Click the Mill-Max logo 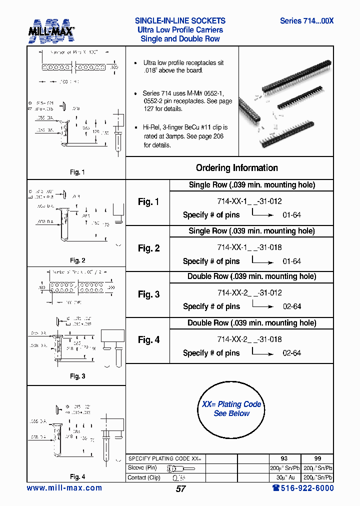coord(51,31)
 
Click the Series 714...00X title coord(306,21)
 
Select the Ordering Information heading coord(236,168)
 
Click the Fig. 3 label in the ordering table coord(148,294)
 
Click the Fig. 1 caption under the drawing coord(77,172)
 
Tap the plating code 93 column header coord(284,458)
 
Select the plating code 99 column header coord(317,458)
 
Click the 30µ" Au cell coord(284,477)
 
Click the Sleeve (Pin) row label coord(142,468)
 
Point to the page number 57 coord(180,489)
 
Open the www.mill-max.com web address coord(64,488)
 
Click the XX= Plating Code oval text coord(231,404)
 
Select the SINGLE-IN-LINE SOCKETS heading coord(180,21)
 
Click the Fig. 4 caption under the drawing coord(77,476)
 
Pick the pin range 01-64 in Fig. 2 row coord(291,261)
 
